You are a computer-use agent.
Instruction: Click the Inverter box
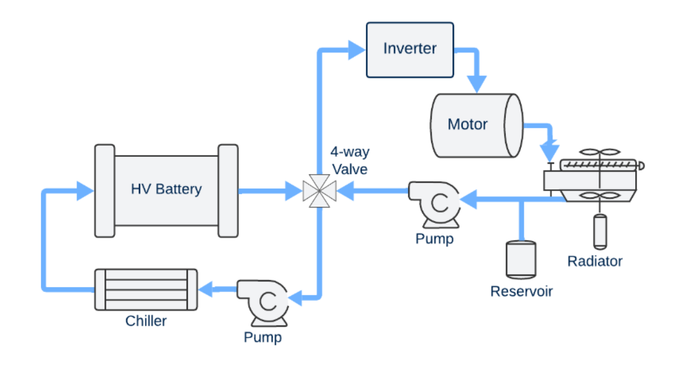(x=409, y=49)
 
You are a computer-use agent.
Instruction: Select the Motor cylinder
(x=477, y=125)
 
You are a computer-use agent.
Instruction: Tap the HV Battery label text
(x=166, y=189)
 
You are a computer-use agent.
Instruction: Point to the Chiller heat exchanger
(x=146, y=289)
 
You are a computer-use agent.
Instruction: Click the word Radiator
(x=595, y=261)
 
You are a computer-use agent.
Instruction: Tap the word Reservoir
(x=521, y=291)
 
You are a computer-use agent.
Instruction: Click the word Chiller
(x=146, y=321)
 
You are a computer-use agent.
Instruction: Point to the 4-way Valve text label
(x=349, y=161)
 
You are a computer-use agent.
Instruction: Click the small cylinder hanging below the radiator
(x=600, y=230)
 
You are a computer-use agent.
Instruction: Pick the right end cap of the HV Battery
(x=228, y=190)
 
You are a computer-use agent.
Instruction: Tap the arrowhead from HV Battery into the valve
(x=292, y=190)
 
